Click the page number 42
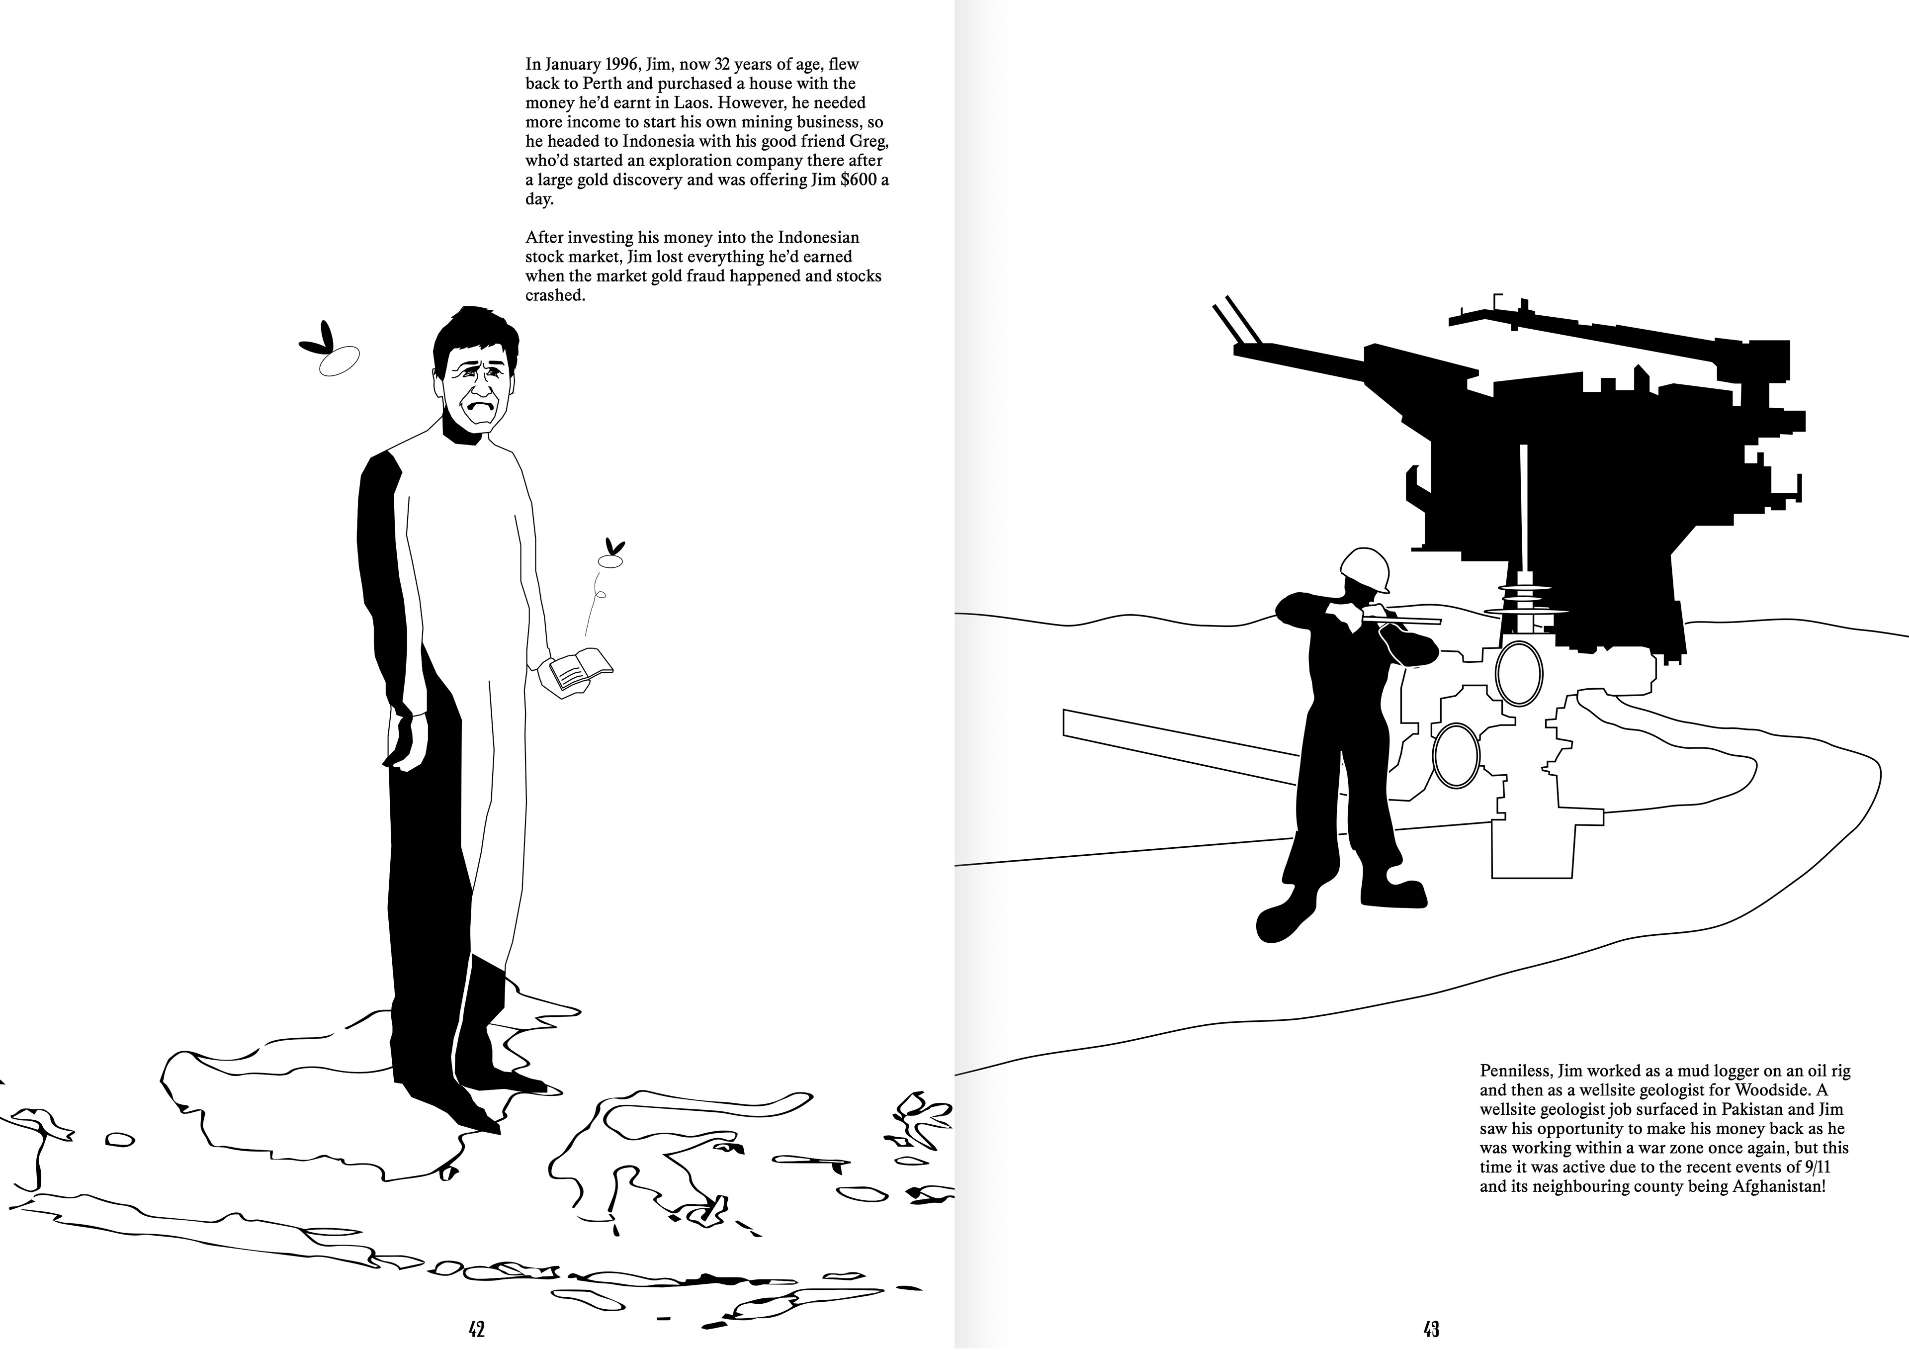[x=476, y=1329]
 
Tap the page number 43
[x=1431, y=1329]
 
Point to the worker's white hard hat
[x=1365, y=568]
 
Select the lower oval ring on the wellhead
[x=1457, y=756]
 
